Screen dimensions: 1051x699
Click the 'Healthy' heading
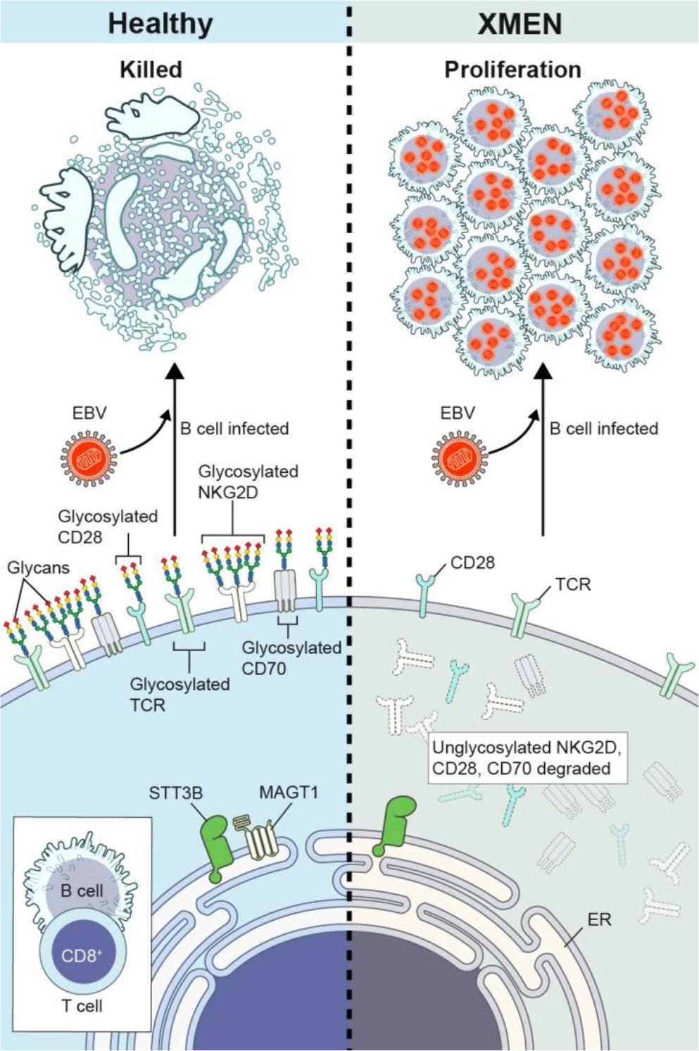tap(160, 23)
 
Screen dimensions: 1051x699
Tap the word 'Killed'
tap(151, 69)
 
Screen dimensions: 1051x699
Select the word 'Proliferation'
tap(512, 70)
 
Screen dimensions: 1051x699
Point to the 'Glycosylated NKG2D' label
tap(238, 482)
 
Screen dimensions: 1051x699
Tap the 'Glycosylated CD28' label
tap(107, 527)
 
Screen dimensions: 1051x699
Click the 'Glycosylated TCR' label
tap(180, 693)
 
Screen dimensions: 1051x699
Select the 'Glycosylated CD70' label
tap(291, 657)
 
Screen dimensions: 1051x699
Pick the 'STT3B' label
tap(176, 793)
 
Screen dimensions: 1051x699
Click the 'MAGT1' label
tap(289, 792)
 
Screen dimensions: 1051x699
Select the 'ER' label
tap(599, 919)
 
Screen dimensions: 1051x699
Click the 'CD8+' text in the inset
tap(82, 955)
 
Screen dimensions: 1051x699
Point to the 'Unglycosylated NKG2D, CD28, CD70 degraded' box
tap(528, 757)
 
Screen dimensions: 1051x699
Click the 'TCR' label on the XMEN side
tap(572, 584)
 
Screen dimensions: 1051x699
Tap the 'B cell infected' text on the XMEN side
tap(604, 429)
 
